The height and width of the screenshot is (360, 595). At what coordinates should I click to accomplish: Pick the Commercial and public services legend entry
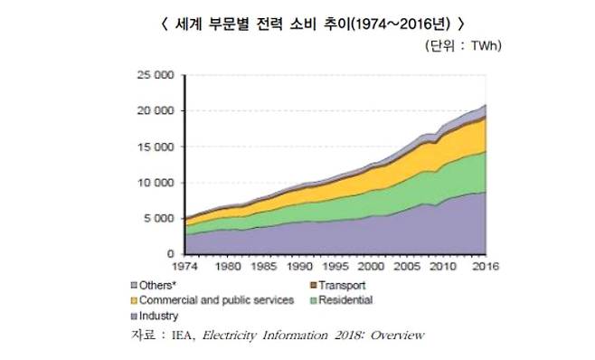tap(212, 300)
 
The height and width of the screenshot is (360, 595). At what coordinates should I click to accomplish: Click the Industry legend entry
tap(159, 316)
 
